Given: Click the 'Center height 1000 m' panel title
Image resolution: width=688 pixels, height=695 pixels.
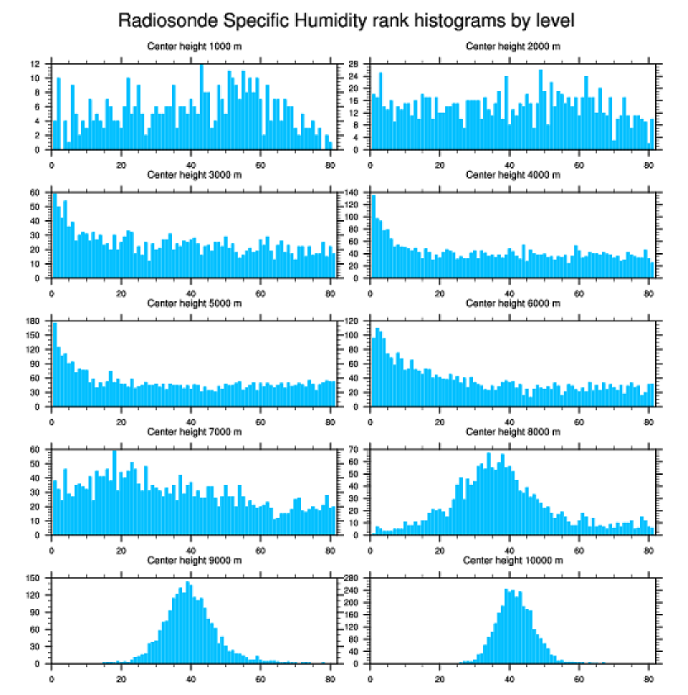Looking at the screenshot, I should pyautogui.click(x=195, y=46).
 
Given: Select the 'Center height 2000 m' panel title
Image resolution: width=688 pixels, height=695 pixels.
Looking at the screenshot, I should pyautogui.click(x=513, y=46).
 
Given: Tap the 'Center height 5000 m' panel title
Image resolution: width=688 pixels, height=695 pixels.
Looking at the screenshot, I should pyautogui.click(x=195, y=303).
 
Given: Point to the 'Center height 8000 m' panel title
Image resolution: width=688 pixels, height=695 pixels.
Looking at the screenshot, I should pyautogui.click(x=513, y=431).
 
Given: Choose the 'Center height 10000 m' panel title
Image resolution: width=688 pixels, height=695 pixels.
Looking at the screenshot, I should pyautogui.click(x=513, y=560).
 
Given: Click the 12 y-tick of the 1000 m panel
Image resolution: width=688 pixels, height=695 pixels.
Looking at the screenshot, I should pyautogui.click(x=35, y=64).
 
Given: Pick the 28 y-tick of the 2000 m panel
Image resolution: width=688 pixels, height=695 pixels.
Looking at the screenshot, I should pyautogui.click(x=355, y=64).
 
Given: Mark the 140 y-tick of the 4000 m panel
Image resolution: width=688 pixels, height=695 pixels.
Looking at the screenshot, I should pyautogui.click(x=352, y=193).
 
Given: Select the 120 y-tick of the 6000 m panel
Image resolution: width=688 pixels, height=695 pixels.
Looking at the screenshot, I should pyautogui.click(x=352, y=321).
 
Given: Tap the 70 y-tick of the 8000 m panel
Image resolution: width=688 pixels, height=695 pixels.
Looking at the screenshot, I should pyautogui.click(x=355, y=450).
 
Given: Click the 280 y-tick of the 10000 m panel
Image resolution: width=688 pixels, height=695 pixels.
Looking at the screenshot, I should pyautogui.click(x=352, y=579).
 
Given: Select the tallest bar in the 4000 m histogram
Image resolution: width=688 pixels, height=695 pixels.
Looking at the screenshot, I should pyautogui.click(x=374, y=236).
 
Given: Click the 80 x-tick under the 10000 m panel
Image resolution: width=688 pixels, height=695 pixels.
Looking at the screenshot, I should pyautogui.click(x=648, y=676).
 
